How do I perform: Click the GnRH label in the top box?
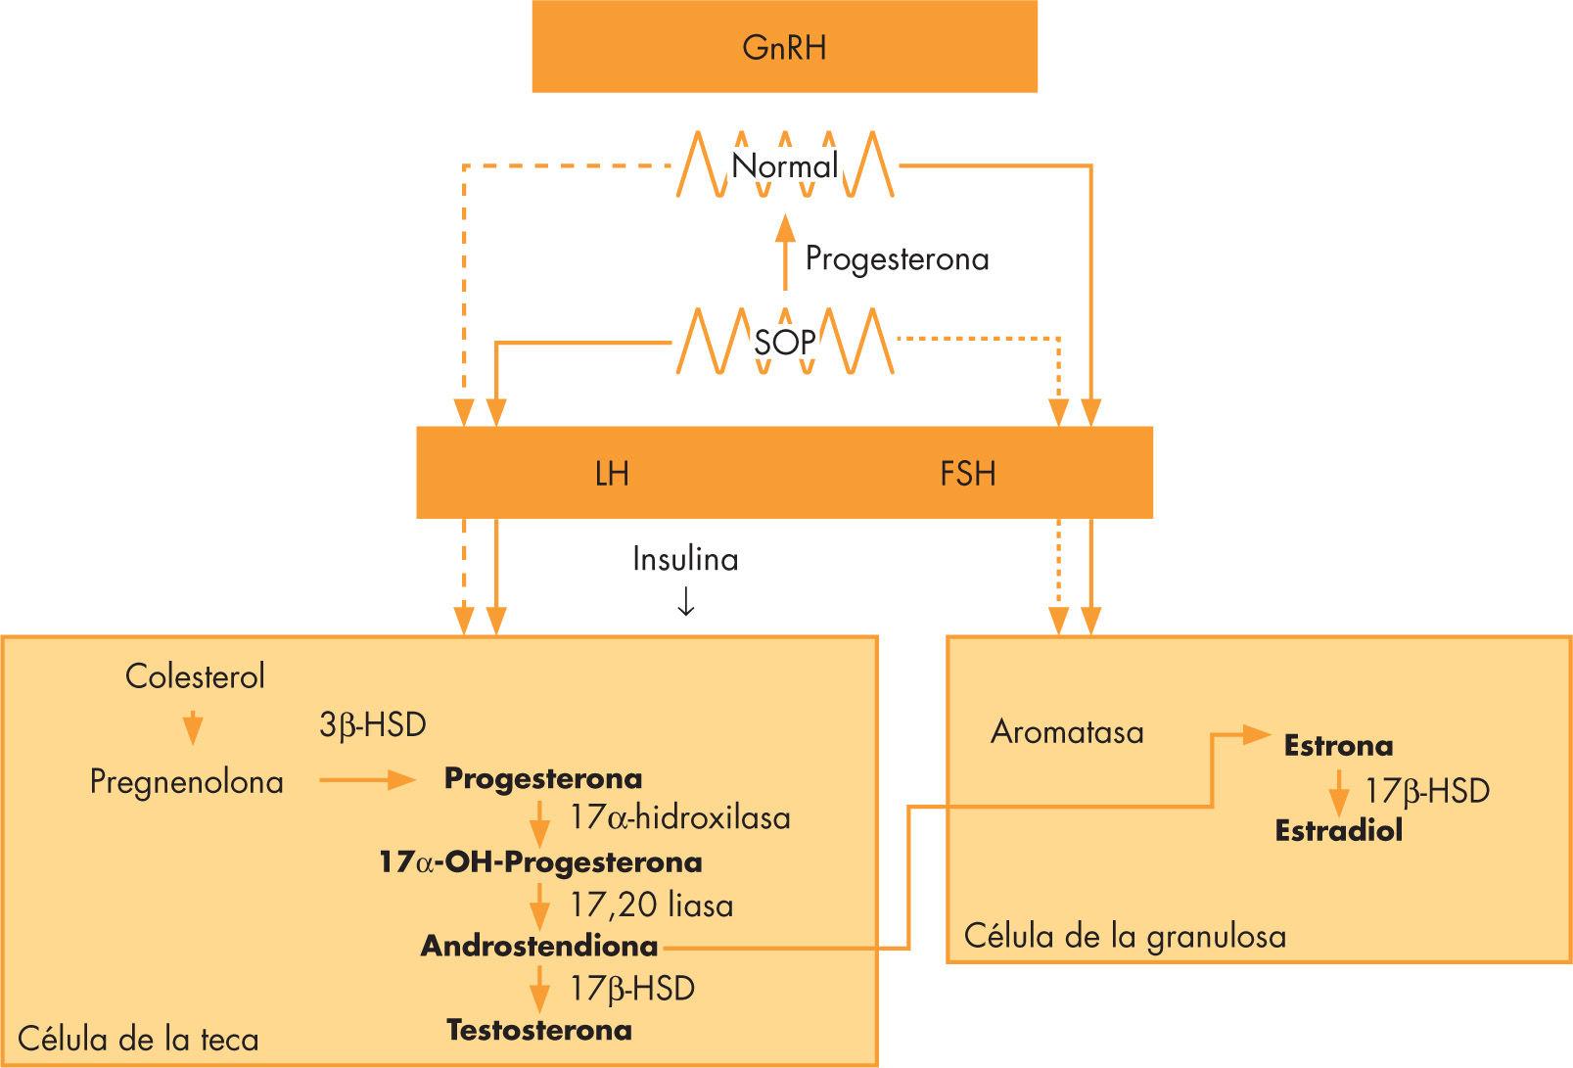pos(784,47)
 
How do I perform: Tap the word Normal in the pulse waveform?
pos(784,165)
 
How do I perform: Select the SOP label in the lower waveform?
pos(784,343)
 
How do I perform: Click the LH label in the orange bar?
pos(612,474)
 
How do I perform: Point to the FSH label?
pos(967,474)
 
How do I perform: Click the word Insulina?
pos(685,559)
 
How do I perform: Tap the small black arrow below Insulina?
pos(685,603)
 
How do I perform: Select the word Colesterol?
pos(195,676)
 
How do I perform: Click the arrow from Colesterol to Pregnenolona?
pos(193,729)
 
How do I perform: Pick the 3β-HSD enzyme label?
pos(372,725)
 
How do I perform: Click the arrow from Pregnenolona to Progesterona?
pos(367,780)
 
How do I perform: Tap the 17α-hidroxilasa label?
pos(679,817)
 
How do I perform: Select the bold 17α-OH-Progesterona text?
pos(540,862)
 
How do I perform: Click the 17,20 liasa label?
pos(651,905)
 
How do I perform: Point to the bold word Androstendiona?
pos(539,947)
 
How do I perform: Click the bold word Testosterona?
pos(539,1030)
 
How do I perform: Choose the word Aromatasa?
pos(1066,732)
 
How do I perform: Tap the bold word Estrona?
pos(1337,746)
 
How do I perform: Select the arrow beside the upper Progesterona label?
pos(783,254)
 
